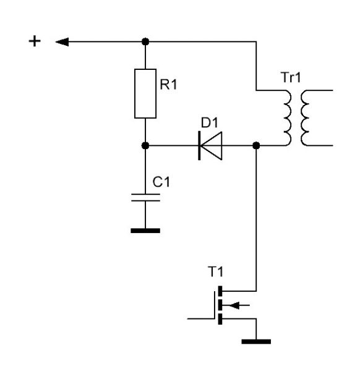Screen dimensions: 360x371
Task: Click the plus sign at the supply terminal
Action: click(x=35, y=41)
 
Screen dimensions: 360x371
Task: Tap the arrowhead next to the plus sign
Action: click(x=62, y=42)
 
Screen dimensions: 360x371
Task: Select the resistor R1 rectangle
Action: click(x=145, y=93)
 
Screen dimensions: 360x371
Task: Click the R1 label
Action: click(x=168, y=85)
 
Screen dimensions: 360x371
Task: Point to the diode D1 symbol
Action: click(x=210, y=145)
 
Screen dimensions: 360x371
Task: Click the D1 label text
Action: click(x=210, y=122)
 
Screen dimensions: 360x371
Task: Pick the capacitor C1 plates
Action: click(x=145, y=198)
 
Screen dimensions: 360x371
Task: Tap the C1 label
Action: click(x=161, y=182)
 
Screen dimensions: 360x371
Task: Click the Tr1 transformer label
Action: click(x=291, y=77)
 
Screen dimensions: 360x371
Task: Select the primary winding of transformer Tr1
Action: click(x=288, y=118)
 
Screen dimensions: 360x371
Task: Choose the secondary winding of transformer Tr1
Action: click(x=305, y=118)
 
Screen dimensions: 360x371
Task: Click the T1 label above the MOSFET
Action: click(x=215, y=271)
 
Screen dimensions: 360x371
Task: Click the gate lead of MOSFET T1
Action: click(x=201, y=318)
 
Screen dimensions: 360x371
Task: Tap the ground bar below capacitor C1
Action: click(x=145, y=231)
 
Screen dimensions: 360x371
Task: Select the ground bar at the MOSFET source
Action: click(x=256, y=341)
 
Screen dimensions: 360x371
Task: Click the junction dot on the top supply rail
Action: click(x=145, y=41)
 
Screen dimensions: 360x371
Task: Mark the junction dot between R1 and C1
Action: click(x=145, y=145)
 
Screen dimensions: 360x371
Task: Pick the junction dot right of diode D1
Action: click(x=256, y=145)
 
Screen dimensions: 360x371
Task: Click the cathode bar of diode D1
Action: click(x=199, y=145)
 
